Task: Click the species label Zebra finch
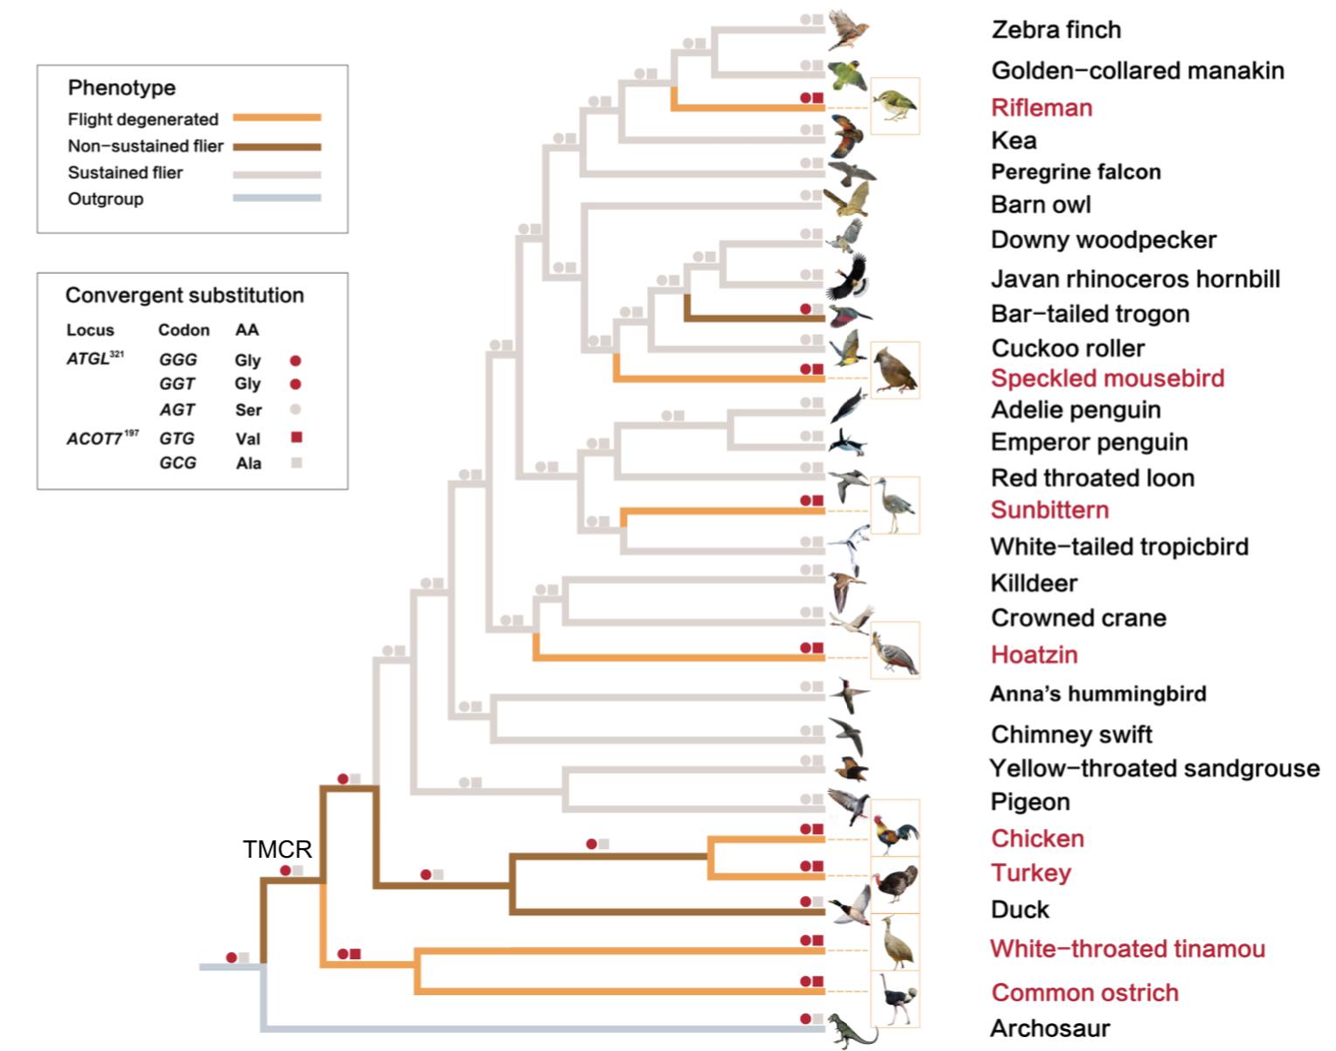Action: click(x=1055, y=30)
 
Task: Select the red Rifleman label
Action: click(x=1041, y=108)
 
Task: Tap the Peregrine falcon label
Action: click(x=1075, y=171)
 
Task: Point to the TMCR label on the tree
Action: click(x=277, y=849)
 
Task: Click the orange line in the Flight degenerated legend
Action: click(x=276, y=117)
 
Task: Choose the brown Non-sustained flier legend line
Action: click(x=276, y=146)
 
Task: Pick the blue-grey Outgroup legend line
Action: click(x=276, y=198)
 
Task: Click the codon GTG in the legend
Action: click(x=177, y=438)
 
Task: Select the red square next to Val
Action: click(x=296, y=437)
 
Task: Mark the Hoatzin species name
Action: click(x=1033, y=654)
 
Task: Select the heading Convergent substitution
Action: click(x=184, y=295)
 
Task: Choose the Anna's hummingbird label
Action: click(x=1097, y=693)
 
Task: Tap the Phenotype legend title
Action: click(x=122, y=87)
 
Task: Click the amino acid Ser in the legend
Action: click(x=248, y=410)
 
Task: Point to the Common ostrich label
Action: click(x=1084, y=992)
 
